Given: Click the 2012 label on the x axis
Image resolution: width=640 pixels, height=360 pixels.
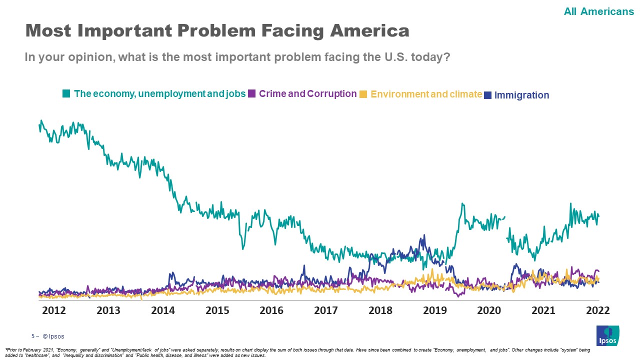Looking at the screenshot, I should point(54,310).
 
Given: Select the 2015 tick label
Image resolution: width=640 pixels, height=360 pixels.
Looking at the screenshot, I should point(217,310).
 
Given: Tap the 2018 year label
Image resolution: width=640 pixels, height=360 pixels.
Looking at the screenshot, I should point(380,310).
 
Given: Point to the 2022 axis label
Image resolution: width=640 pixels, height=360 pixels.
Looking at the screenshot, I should point(597,310).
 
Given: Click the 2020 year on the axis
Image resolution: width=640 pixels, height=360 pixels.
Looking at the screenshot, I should point(489,310).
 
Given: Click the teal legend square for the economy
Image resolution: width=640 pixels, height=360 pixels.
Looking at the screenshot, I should point(66,93).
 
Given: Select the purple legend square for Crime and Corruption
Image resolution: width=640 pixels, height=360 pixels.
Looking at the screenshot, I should point(252,93).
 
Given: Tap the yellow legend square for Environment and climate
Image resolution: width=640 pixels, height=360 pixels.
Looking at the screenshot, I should point(363,94).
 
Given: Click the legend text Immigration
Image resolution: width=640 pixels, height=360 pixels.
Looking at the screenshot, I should point(521,95).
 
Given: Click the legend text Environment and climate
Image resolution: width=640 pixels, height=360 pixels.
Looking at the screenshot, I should point(426,94).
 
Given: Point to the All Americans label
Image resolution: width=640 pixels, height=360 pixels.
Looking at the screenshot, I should point(598,11).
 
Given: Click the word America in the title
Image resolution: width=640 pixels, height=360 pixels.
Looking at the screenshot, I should point(369,31).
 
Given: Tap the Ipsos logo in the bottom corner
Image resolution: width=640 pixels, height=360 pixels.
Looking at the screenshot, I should point(607,335).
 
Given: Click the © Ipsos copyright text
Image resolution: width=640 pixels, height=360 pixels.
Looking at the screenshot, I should point(53,336).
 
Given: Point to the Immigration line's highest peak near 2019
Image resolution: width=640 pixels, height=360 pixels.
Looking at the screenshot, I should point(423,235).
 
